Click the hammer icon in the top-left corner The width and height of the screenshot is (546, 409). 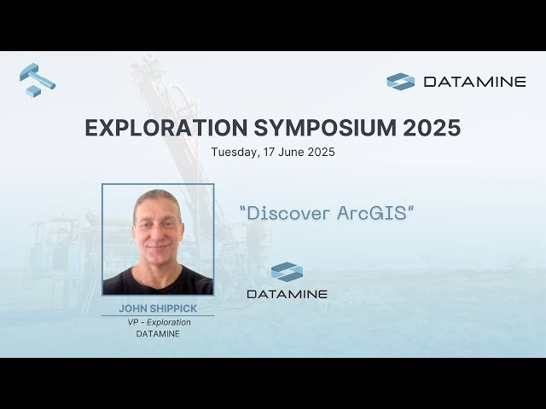36,79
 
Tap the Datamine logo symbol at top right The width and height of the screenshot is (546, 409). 400,82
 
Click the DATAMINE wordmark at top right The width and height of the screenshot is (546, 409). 474,82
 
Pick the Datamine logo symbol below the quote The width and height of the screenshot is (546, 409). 287,272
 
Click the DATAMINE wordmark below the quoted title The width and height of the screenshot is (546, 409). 287,294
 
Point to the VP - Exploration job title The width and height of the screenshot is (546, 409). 158,322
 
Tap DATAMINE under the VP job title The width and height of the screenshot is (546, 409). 158,334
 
